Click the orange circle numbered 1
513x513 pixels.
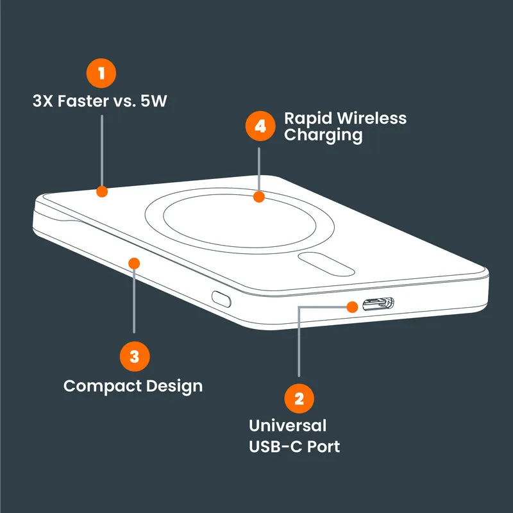click(x=101, y=73)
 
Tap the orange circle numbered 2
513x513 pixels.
click(x=299, y=398)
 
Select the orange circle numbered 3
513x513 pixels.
click(x=135, y=357)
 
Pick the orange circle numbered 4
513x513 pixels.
click(x=260, y=126)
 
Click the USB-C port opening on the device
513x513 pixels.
click(x=378, y=304)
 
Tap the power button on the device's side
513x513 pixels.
click(x=221, y=299)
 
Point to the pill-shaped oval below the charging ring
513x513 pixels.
click(x=326, y=264)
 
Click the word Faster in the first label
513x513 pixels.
click(x=84, y=101)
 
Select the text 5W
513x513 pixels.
click(x=154, y=101)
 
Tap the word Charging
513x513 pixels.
click(x=323, y=135)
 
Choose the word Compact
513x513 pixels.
click(x=103, y=386)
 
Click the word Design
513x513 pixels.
click(x=174, y=387)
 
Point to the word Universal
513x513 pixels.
click(x=287, y=426)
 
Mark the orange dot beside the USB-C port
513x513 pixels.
click(x=352, y=307)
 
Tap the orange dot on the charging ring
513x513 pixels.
click(x=259, y=197)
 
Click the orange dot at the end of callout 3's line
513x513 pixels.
click(x=134, y=264)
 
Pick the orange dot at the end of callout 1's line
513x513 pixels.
click(x=102, y=191)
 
